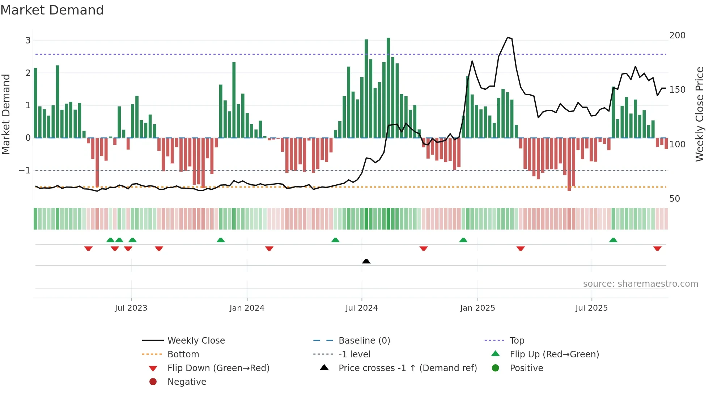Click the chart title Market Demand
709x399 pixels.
pos(52,10)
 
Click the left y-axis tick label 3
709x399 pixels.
pos(28,40)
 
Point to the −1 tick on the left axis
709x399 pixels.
pos(25,170)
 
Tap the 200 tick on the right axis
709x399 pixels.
pos(677,35)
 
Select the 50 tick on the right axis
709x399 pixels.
pos(674,198)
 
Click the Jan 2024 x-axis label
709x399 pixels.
pos(247,308)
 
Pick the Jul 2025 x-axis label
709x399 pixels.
pos(591,308)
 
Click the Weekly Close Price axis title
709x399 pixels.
pos(700,114)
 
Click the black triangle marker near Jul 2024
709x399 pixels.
pos(366,261)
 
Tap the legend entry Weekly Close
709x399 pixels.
pos(196,340)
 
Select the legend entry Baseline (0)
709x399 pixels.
pos(364,340)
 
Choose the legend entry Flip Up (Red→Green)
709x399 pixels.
pos(554,354)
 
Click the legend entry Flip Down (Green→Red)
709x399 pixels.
pos(218,368)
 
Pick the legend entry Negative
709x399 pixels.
pos(187,382)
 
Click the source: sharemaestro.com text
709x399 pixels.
pos(640,283)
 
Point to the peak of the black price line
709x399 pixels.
pos(508,37)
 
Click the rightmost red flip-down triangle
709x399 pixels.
pos(657,248)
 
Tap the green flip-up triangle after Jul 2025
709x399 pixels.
pos(613,240)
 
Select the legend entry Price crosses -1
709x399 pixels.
pos(407,368)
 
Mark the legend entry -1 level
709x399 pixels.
pos(354,354)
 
